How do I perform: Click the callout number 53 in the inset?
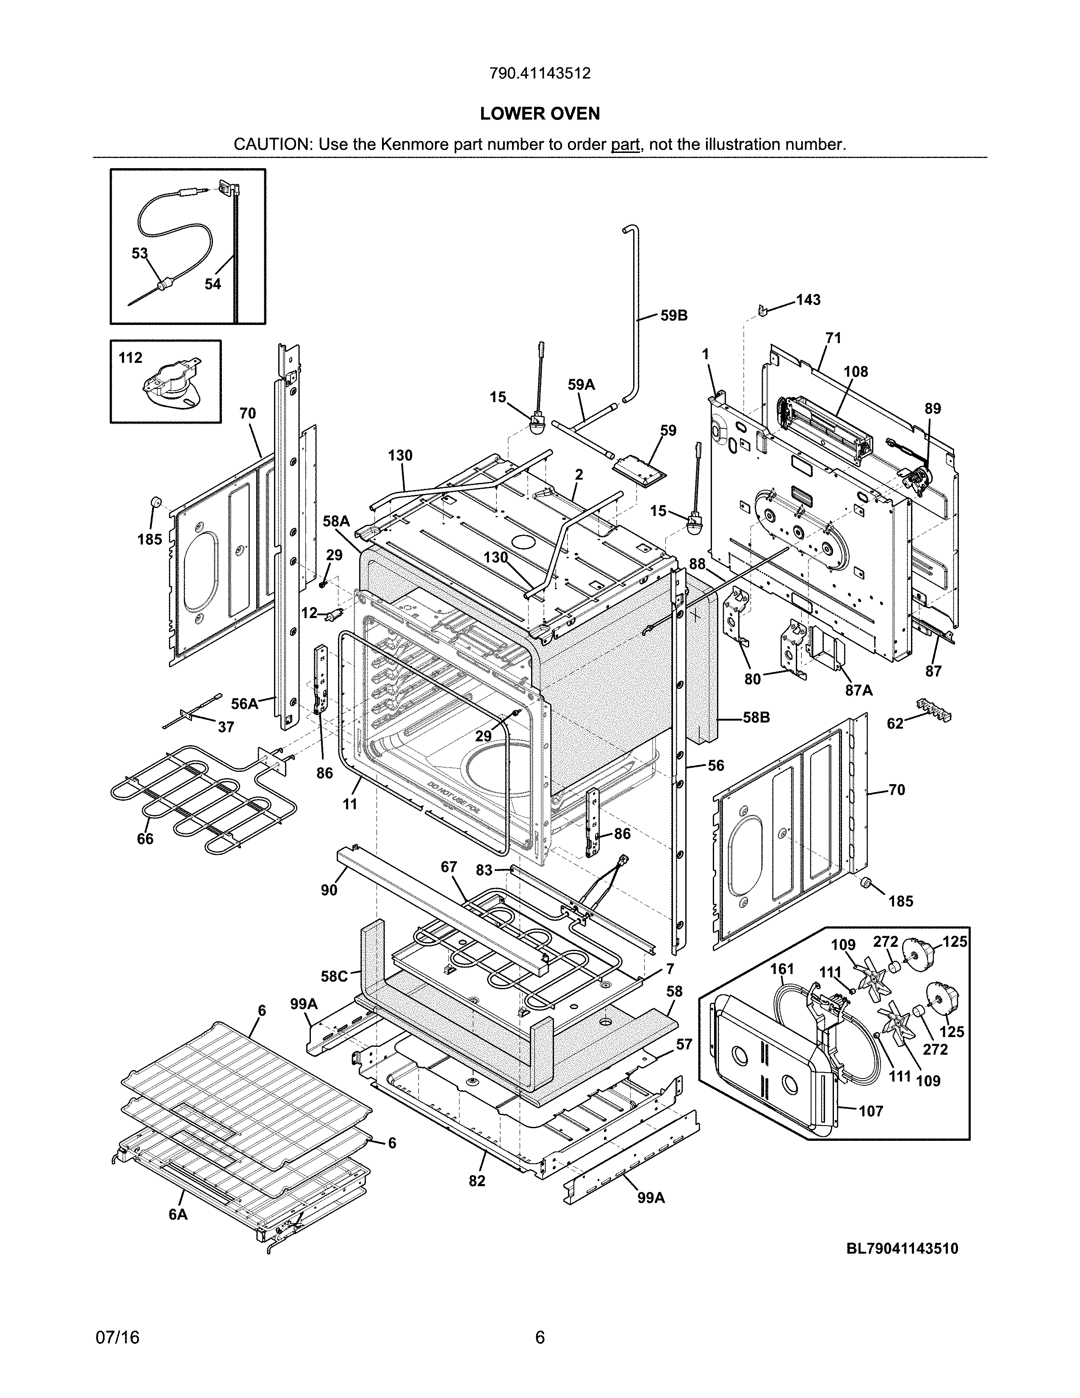click(x=139, y=253)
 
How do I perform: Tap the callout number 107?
click(x=870, y=1111)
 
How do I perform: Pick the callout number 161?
click(x=782, y=969)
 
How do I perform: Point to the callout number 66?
click(x=145, y=838)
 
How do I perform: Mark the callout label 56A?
click(x=244, y=704)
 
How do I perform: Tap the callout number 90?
click(x=329, y=890)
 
